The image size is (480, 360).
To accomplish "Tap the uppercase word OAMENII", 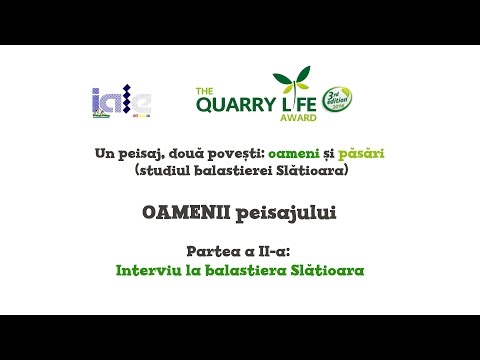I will point(183,211).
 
